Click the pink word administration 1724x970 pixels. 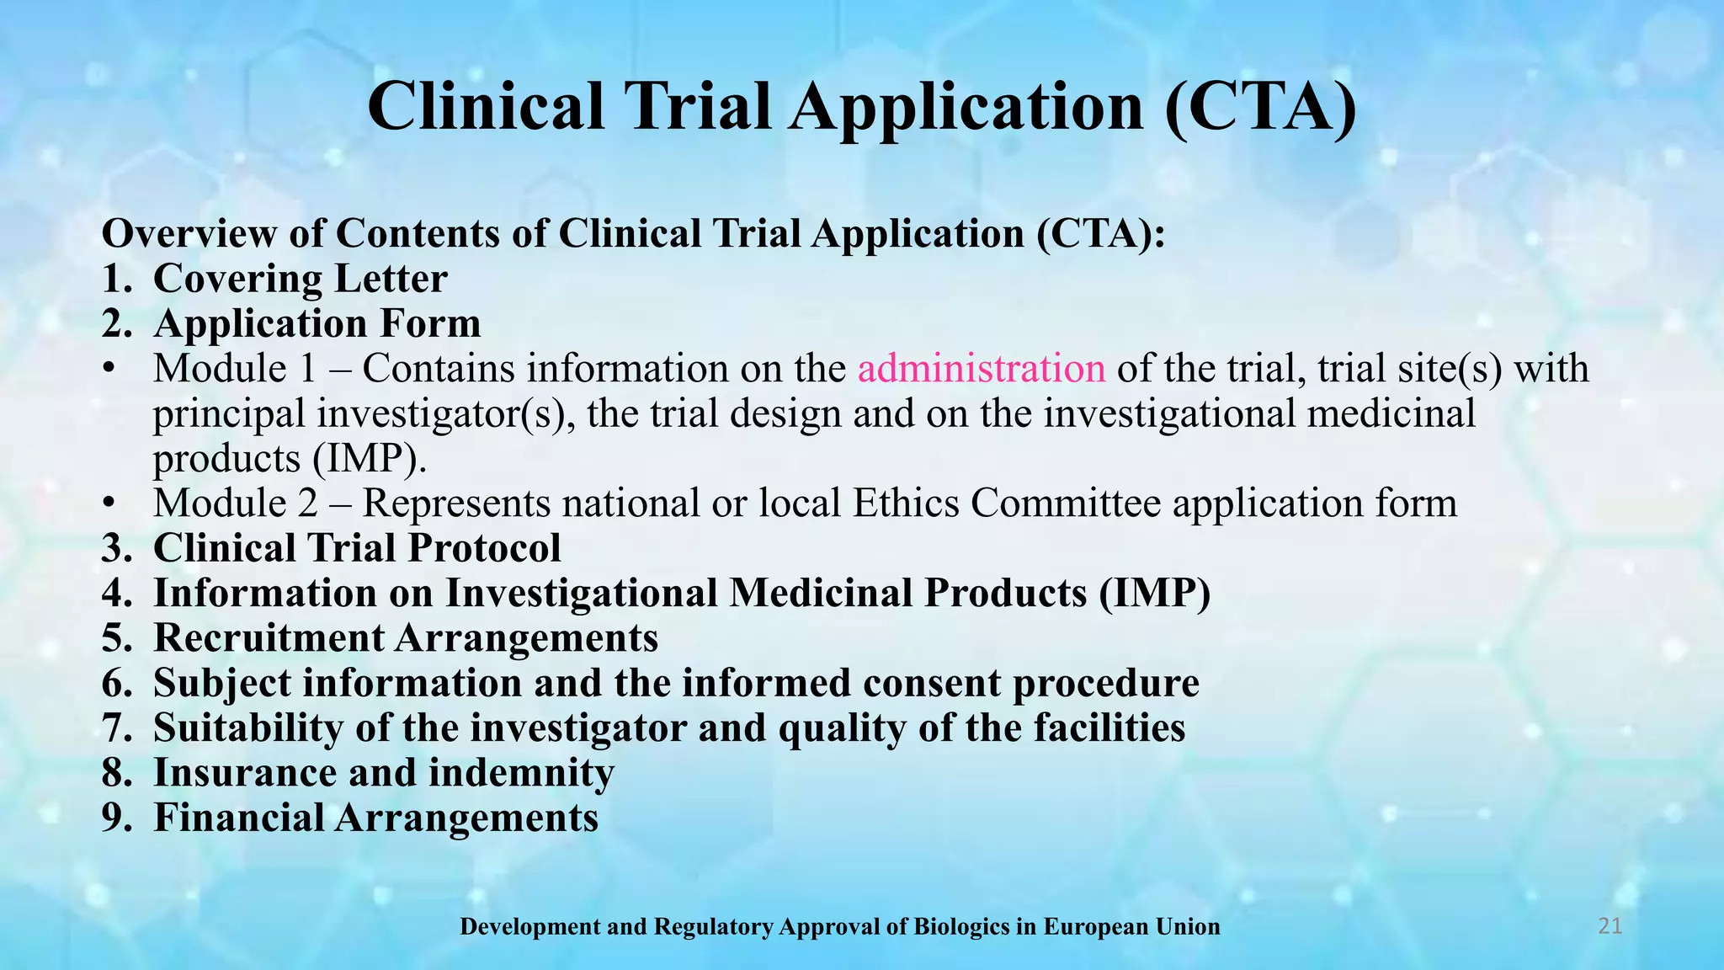tap(982, 369)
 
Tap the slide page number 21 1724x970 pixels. tap(1610, 926)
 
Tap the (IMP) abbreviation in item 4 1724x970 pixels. tap(1154, 593)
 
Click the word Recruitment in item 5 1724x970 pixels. tap(269, 637)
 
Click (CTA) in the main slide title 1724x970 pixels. tap(1260, 107)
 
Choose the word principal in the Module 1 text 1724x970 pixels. tap(228, 414)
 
